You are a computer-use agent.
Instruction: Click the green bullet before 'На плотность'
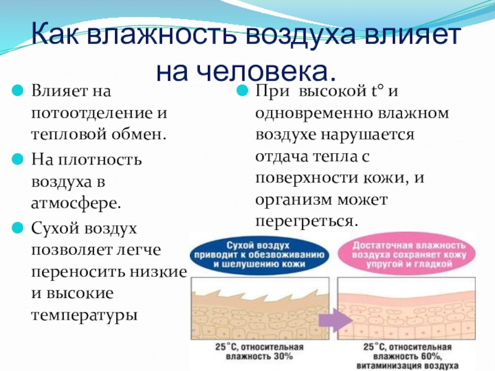click(x=19, y=159)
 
